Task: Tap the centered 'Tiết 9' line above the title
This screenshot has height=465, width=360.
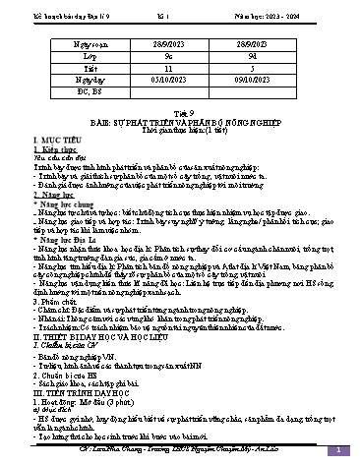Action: click(180, 116)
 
